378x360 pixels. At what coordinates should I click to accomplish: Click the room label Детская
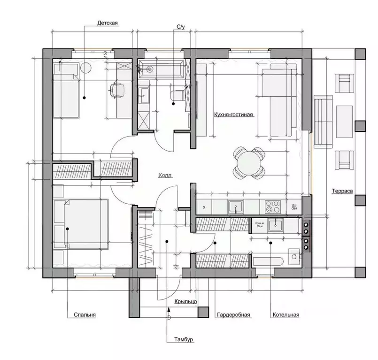[107, 23]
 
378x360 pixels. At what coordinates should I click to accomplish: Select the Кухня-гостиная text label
[233, 115]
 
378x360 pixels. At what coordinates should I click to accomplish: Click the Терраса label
[342, 191]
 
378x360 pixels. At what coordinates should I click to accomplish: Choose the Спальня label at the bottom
[85, 315]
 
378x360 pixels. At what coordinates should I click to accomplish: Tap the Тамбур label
[183, 339]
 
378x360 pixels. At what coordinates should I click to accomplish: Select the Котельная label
[285, 315]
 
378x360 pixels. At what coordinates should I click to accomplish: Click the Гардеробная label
[233, 315]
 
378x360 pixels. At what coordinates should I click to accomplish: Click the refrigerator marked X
[204, 207]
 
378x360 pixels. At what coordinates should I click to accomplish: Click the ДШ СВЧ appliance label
[294, 207]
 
